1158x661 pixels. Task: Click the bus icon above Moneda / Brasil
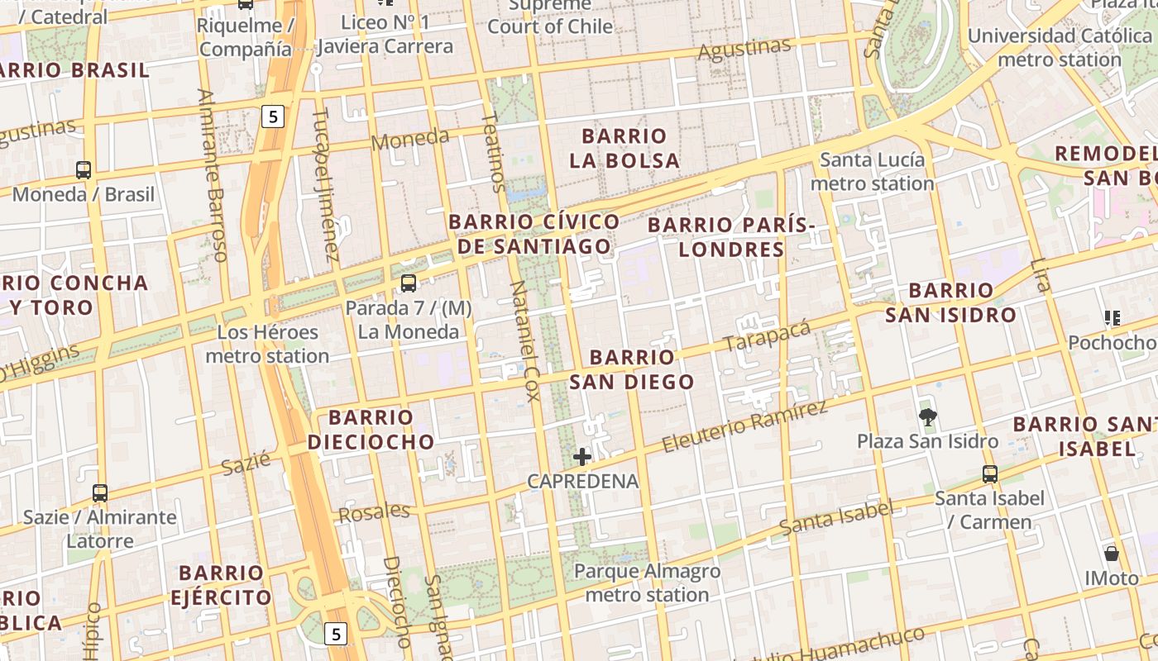(x=84, y=170)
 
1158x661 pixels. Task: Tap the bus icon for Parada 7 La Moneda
(x=408, y=283)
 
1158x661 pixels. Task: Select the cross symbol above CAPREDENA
(x=582, y=457)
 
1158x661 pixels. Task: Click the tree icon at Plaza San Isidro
(x=928, y=417)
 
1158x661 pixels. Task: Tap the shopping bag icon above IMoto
(x=1112, y=554)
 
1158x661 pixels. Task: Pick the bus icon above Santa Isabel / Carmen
(x=990, y=474)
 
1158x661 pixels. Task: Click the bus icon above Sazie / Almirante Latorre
(x=100, y=493)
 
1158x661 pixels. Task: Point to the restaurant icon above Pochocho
(x=1113, y=318)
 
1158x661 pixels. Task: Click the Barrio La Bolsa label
(x=624, y=148)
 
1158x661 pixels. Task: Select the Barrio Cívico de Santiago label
(x=534, y=234)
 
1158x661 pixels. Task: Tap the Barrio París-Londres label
(x=731, y=237)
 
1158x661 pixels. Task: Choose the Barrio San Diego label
(x=632, y=369)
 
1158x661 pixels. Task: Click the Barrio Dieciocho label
(x=371, y=429)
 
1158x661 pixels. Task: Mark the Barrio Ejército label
(x=221, y=585)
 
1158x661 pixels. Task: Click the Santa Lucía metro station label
(x=872, y=171)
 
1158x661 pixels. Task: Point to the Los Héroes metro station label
(x=267, y=345)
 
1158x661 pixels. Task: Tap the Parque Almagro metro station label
(x=647, y=583)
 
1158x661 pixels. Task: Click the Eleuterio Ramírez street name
(x=744, y=427)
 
